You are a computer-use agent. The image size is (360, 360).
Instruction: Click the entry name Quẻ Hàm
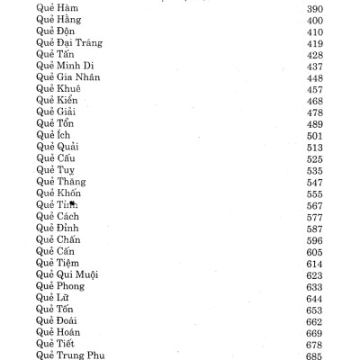point(57,7)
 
